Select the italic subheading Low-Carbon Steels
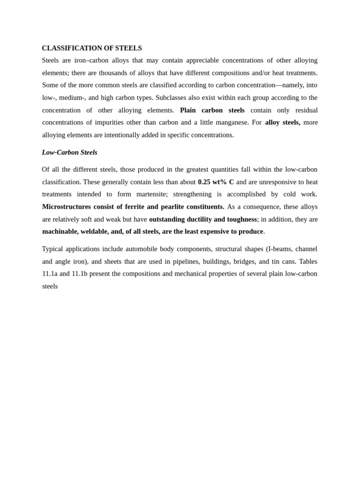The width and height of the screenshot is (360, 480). pos(69,152)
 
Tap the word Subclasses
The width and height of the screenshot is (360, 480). pos(173,97)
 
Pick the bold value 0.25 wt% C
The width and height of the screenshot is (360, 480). pos(216,182)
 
